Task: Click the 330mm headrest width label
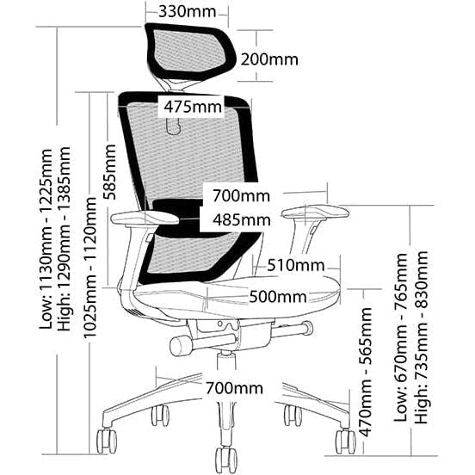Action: click(x=188, y=11)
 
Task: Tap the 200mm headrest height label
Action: click(x=269, y=59)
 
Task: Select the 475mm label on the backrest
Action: click(x=193, y=107)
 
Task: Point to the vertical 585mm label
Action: click(x=109, y=172)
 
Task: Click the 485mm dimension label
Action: click(x=242, y=219)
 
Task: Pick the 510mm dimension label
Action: click(x=296, y=265)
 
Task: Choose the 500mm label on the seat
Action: click(x=277, y=297)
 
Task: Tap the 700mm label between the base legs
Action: click(x=234, y=388)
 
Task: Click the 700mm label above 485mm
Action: click(x=241, y=195)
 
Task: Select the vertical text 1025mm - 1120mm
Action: click(x=89, y=267)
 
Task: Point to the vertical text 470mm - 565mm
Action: click(x=365, y=372)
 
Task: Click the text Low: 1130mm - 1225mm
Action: click(x=46, y=238)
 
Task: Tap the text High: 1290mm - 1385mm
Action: click(x=65, y=238)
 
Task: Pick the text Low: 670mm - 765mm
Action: click(x=400, y=337)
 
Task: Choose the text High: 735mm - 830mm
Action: click(x=422, y=337)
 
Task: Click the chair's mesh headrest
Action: click(x=191, y=52)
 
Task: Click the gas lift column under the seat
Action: click(x=226, y=360)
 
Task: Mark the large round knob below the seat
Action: click(x=182, y=346)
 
